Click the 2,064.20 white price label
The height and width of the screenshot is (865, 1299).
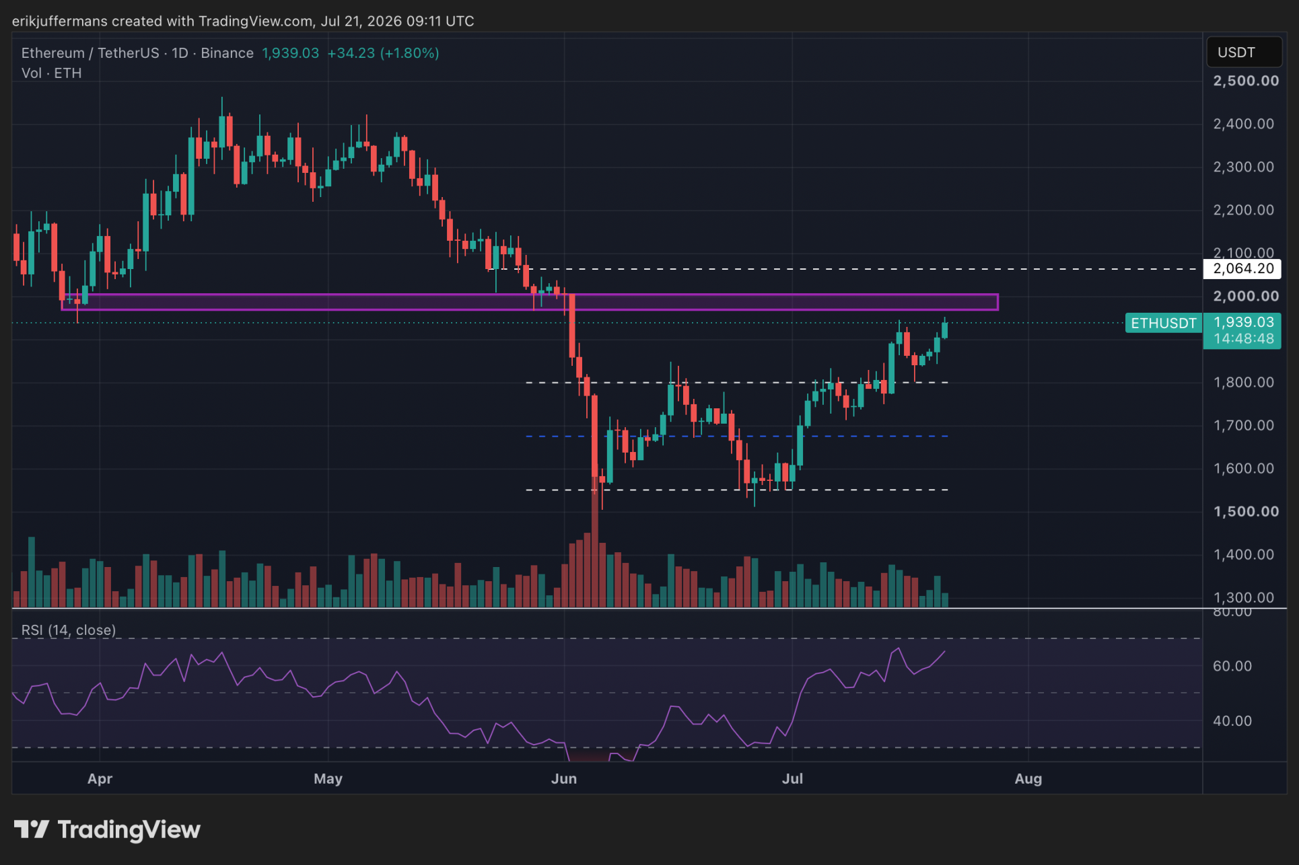[1242, 269]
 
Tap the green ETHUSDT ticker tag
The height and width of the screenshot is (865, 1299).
[1163, 324]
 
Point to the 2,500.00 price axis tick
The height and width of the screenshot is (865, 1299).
[1246, 81]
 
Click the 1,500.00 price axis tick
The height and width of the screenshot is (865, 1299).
[1246, 511]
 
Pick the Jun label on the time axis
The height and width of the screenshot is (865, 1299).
[564, 779]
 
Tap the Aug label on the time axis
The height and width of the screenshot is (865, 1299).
[1028, 779]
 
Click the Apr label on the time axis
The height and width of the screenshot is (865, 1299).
[100, 779]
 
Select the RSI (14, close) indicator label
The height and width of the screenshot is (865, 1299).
[69, 630]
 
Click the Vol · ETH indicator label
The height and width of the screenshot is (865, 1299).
[51, 73]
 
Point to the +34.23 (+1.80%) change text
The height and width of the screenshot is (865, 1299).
[383, 53]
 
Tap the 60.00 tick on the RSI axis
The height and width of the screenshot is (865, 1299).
[1232, 666]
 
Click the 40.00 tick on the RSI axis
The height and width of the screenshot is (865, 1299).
[1232, 721]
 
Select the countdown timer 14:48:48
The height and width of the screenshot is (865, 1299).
[1244, 339]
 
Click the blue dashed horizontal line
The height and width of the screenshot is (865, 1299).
[737, 437]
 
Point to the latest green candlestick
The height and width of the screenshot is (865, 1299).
[945, 329]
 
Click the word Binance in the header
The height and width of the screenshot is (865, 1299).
[227, 53]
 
